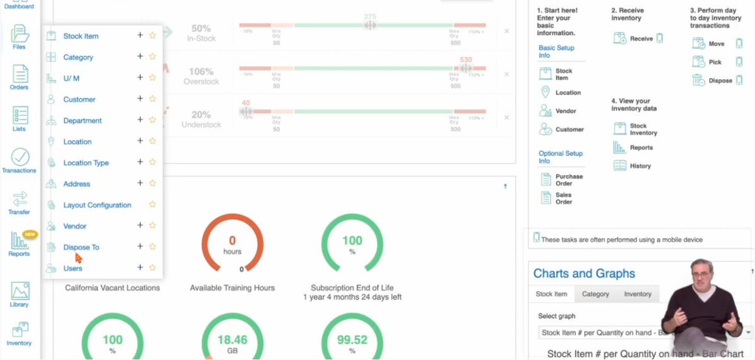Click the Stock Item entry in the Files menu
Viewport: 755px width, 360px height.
(81, 36)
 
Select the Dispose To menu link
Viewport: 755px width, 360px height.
(81, 247)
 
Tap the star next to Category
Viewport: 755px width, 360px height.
(152, 57)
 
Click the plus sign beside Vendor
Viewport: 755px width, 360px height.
(140, 225)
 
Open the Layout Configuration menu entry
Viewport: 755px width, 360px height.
(97, 205)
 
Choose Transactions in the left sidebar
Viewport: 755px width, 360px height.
(20, 160)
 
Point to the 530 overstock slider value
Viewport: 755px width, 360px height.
(466, 60)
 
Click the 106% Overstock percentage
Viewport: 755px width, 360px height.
(202, 70)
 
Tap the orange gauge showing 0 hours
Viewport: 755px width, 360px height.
(232, 243)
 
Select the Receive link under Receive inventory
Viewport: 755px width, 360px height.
(641, 39)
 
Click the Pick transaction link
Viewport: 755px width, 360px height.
(715, 62)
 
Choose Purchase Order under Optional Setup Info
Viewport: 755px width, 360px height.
(569, 180)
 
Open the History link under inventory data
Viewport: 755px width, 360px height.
(640, 166)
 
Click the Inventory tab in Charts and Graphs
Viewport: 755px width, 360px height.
(637, 294)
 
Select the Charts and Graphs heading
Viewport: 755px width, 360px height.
(584, 274)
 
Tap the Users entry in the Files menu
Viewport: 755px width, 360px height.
(72, 268)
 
